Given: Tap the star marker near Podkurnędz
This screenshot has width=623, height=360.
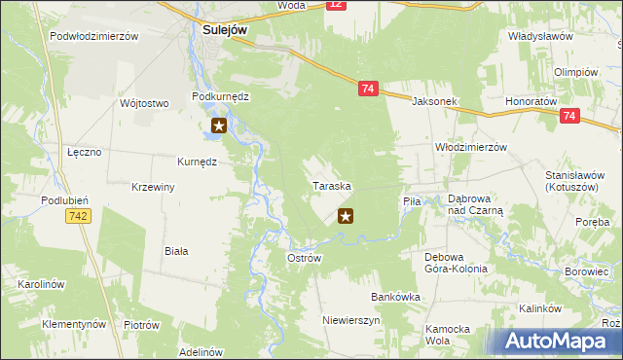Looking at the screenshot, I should click(219, 126).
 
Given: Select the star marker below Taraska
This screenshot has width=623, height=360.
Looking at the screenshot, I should click(345, 216).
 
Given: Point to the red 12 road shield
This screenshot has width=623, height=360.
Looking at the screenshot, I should click(335, 5).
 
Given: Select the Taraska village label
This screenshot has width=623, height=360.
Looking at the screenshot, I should click(331, 185).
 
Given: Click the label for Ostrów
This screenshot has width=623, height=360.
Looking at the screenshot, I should click(304, 258).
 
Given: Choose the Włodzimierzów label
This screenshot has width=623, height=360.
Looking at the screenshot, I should click(471, 147).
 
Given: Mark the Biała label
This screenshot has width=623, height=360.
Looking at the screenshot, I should click(176, 250).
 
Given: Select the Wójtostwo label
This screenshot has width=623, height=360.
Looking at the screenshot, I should click(144, 102).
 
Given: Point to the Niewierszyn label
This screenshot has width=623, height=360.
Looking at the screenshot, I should click(351, 319).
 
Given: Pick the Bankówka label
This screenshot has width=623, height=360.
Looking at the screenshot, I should click(394, 297).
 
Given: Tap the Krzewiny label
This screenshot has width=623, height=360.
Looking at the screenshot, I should click(153, 187).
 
